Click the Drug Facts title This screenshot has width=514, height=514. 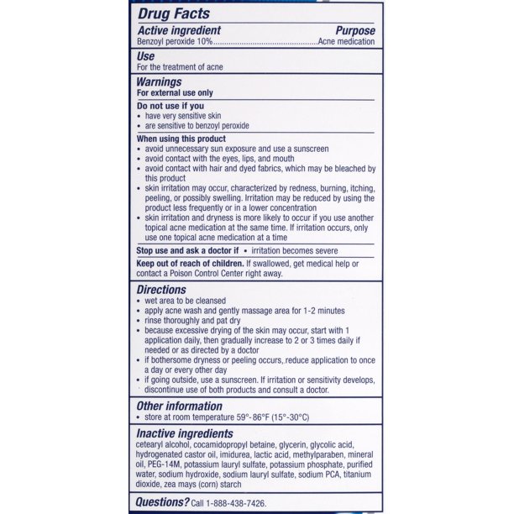click(x=174, y=13)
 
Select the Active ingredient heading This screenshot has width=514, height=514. click(x=179, y=31)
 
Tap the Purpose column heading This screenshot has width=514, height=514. click(x=354, y=31)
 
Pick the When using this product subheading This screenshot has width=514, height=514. click(x=181, y=138)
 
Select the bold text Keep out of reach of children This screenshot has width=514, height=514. click(x=191, y=264)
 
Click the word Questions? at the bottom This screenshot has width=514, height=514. click(x=164, y=502)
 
